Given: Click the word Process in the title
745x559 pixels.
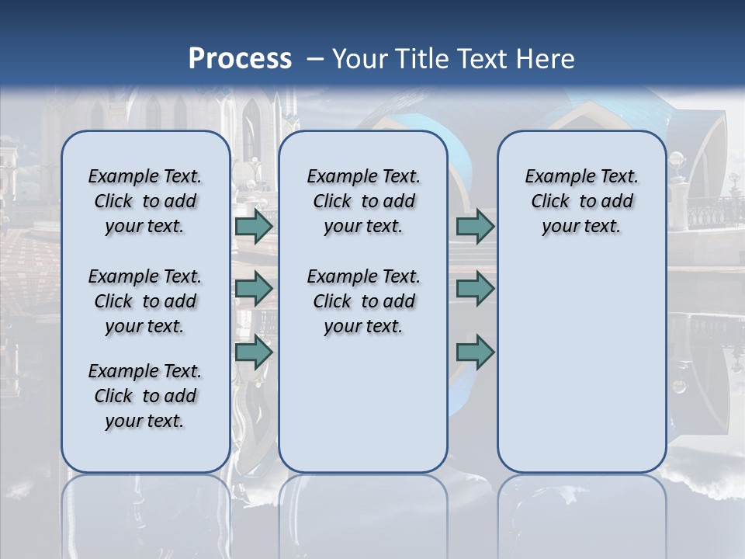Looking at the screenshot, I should (240, 59).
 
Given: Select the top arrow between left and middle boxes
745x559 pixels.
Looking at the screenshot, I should (253, 226).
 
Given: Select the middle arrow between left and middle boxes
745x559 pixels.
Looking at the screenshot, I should (253, 289).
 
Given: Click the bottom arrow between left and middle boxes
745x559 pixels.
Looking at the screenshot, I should (253, 352).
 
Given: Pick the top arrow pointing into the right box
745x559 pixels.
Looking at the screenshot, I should (475, 226).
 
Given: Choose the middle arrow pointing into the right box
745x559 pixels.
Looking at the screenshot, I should (475, 289).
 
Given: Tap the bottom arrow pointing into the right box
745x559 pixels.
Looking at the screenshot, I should (475, 352).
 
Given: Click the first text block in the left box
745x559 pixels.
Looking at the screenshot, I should (145, 201).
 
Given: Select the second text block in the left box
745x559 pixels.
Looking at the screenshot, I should (145, 301).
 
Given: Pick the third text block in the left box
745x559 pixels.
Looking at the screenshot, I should (145, 396).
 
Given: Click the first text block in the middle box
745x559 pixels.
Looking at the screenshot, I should (363, 201).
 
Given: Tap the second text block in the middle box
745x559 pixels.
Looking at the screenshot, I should (363, 301).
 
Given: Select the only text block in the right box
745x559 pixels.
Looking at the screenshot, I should (581, 201).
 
